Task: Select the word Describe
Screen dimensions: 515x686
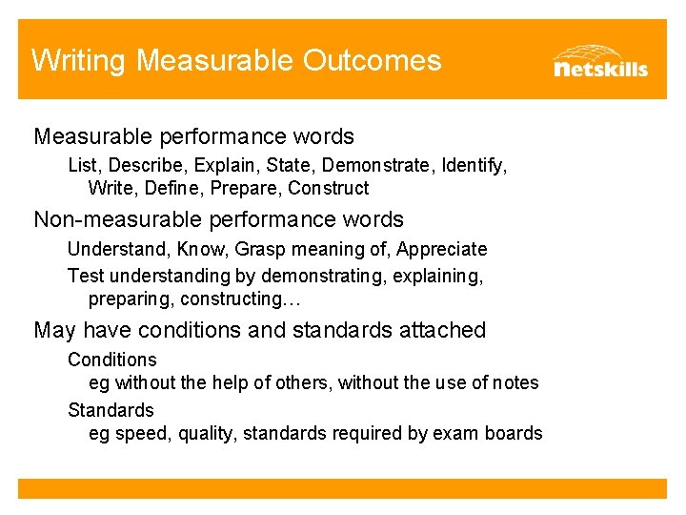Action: (141, 166)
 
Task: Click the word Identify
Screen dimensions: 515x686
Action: (473, 166)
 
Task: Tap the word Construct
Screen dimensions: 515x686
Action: (329, 188)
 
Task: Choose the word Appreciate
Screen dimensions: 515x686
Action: (442, 249)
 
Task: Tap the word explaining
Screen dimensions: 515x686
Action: (439, 277)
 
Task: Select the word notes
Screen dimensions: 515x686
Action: (515, 382)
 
